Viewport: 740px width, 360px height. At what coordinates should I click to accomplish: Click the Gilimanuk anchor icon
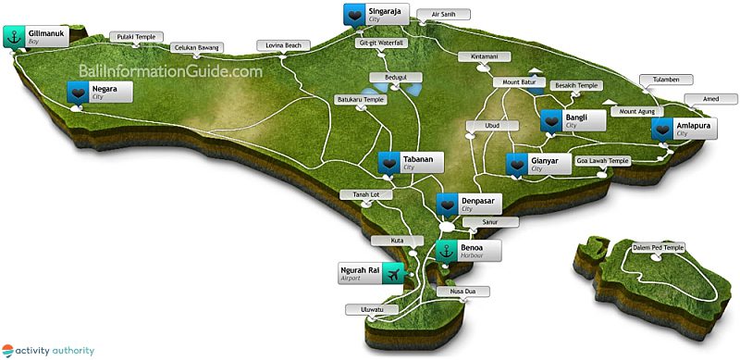pyautogui.click(x=14, y=37)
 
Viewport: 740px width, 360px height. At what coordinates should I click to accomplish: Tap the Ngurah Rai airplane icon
pyautogui.click(x=396, y=274)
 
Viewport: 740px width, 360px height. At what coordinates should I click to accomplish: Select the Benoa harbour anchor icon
pyautogui.click(x=447, y=252)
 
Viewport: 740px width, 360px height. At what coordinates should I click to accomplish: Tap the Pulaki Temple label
pyautogui.click(x=134, y=37)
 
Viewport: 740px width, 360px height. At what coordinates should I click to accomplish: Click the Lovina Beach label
pyautogui.click(x=283, y=44)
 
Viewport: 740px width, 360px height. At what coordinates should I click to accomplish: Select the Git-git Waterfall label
pyautogui.click(x=379, y=43)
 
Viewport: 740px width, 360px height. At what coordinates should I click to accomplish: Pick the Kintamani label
pyautogui.click(x=485, y=56)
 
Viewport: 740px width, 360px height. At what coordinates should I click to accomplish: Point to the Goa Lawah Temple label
pyautogui.click(x=603, y=160)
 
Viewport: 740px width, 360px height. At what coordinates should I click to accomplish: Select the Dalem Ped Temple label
pyautogui.click(x=659, y=248)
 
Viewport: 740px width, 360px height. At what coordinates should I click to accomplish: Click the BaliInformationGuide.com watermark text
pyautogui.click(x=171, y=70)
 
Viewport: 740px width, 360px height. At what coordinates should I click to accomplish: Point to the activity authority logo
pyautogui.click(x=47, y=350)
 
